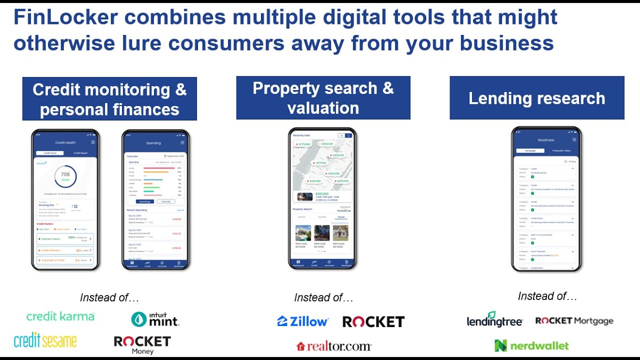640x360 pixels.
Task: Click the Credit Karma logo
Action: click(x=60, y=316)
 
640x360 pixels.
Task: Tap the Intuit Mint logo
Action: click(x=155, y=319)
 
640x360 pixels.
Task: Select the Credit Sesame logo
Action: click(x=45, y=340)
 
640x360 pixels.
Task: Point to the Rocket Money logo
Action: click(x=142, y=344)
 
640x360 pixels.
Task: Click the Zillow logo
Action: click(x=303, y=321)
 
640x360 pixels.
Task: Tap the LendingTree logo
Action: click(x=494, y=320)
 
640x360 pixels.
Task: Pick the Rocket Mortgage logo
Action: click(x=574, y=321)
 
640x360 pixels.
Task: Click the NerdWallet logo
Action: click(x=531, y=345)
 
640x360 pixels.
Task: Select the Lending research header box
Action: click(x=537, y=98)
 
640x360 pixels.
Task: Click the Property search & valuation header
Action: click(x=323, y=98)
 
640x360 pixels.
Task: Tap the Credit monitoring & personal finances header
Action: click(x=109, y=99)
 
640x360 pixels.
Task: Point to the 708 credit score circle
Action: click(x=65, y=176)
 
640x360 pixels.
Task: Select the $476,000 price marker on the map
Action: click(x=342, y=181)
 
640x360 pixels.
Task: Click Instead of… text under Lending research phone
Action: click(x=547, y=296)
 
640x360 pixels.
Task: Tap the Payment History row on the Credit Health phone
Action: click(x=65, y=238)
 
